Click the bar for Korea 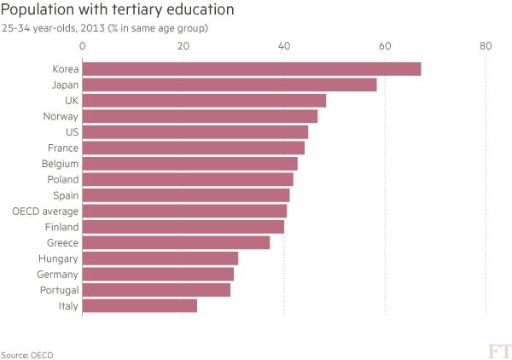[x=252, y=69]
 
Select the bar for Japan [x=230, y=85]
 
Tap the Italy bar [x=140, y=305]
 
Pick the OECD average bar [x=185, y=211]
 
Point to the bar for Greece [x=177, y=242]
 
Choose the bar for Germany [x=158, y=274]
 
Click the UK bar [x=205, y=101]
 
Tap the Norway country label [x=61, y=117]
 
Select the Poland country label [x=62, y=180]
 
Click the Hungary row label [x=58, y=258]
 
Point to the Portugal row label [x=59, y=290]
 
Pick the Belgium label [x=60, y=164]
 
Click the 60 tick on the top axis [x=385, y=47]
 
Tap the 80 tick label [x=486, y=47]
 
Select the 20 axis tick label [x=183, y=47]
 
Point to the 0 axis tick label [x=83, y=47]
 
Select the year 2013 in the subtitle [x=94, y=29]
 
